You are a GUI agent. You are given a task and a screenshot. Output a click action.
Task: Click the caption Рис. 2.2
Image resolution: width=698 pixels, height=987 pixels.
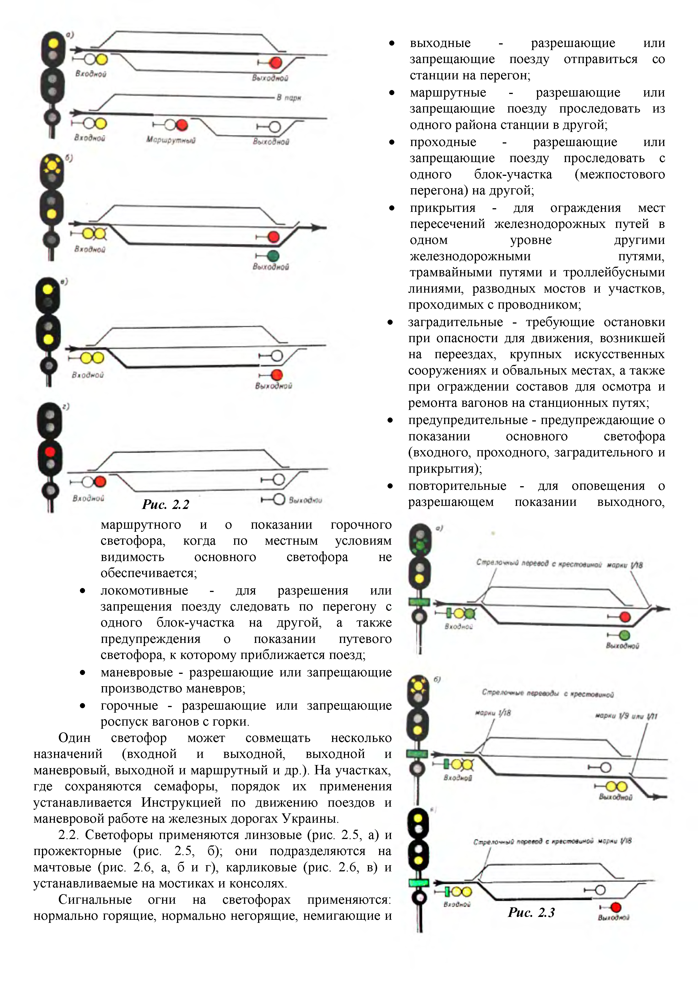pyautogui.click(x=165, y=504)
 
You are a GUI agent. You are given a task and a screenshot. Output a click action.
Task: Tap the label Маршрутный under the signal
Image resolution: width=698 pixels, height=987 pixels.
pyautogui.click(x=171, y=140)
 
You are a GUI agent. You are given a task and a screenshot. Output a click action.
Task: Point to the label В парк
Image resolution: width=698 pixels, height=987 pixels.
pyautogui.click(x=288, y=98)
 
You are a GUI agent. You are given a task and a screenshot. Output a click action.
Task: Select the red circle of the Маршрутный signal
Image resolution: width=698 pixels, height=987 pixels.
pyautogui.click(x=182, y=125)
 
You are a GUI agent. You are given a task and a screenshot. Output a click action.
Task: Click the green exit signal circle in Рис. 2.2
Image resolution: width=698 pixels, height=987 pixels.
pyautogui.click(x=273, y=256)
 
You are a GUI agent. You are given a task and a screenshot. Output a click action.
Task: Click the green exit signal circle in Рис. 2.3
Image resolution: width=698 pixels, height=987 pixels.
pyautogui.click(x=625, y=635)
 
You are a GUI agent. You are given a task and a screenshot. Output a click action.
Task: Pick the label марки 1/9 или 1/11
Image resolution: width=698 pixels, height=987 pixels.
pyautogui.click(x=626, y=716)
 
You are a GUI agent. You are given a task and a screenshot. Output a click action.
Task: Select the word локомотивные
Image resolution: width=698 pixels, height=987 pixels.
pyautogui.click(x=144, y=590)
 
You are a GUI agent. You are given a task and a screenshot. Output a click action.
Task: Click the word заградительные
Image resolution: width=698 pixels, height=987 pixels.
pyautogui.click(x=455, y=322)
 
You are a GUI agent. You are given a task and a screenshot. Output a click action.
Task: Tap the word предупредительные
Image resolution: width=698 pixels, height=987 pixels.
pyautogui.click(x=467, y=420)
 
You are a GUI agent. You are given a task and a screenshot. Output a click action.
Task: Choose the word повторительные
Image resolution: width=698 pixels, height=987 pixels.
pyautogui.click(x=457, y=486)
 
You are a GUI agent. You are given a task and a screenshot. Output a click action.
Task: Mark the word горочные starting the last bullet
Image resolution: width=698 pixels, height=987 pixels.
pyautogui.click(x=129, y=705)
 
